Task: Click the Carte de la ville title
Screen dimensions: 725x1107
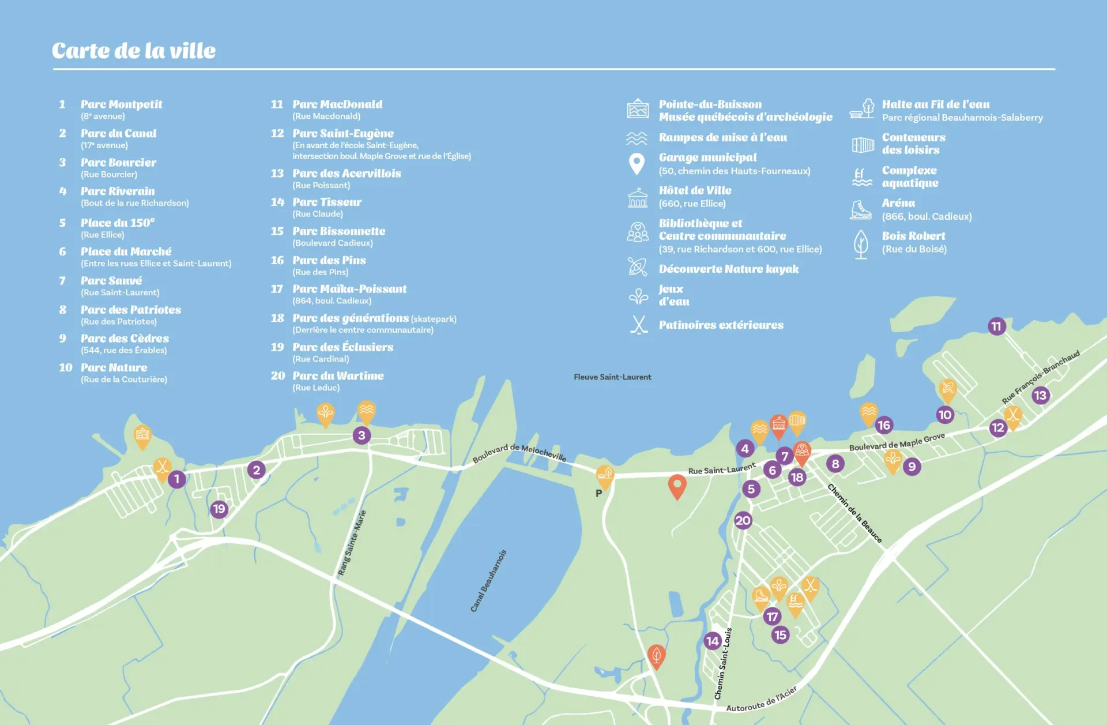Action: pos(134,51)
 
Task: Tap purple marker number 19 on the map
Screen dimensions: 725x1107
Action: pos(219,509)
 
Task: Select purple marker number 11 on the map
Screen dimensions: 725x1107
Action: pos(996,326)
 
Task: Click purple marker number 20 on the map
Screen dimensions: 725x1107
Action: pos(743,520)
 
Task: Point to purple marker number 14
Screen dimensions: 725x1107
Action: pos(713,641)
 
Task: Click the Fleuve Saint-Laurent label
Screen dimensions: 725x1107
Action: pos(612,377)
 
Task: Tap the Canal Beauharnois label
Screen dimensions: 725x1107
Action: pos(488,581)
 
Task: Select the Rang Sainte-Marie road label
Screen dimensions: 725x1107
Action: pos(352,543)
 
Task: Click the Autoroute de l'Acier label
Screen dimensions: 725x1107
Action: pos(761,700)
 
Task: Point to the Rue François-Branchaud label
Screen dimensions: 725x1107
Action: pos(1040,377)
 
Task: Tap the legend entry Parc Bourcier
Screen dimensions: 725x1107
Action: pos(118,163)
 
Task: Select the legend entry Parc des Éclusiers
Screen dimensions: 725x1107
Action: pos(342,347)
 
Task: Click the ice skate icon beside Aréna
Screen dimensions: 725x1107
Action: pos(861,209)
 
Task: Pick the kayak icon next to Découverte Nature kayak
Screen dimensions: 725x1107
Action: pos(638,267)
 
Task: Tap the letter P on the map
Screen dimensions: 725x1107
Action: pos(598,494)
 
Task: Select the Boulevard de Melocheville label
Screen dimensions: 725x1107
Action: pos(519,453)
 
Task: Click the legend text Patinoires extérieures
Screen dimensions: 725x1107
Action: pos(721,325)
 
